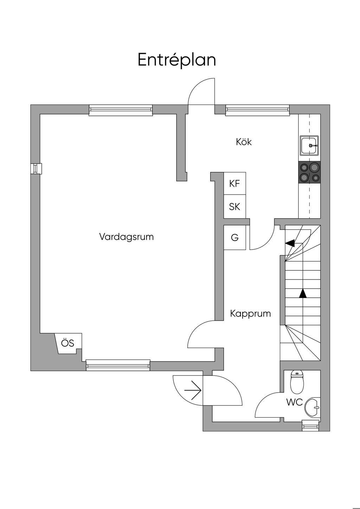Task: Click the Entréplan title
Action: [176, 60]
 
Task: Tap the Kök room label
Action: [244, 142]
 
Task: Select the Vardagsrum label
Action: [126, 237]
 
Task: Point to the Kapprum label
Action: [250, 314]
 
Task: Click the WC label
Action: [294, 402]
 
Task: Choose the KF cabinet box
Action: [234, 183]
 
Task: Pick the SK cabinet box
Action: [234, 207]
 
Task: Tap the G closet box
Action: [234, 238]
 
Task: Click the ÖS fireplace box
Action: [68, 343]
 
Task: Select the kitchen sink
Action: [310, 145]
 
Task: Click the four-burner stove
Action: [309, 172]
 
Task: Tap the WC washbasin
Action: [313, 408]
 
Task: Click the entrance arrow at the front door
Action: [193, 390]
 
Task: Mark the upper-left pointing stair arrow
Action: [290, 243]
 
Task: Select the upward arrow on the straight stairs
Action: [302, 293]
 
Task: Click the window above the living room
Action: [121, 110]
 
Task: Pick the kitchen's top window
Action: [257, 110]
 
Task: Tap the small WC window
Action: [311, 426]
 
